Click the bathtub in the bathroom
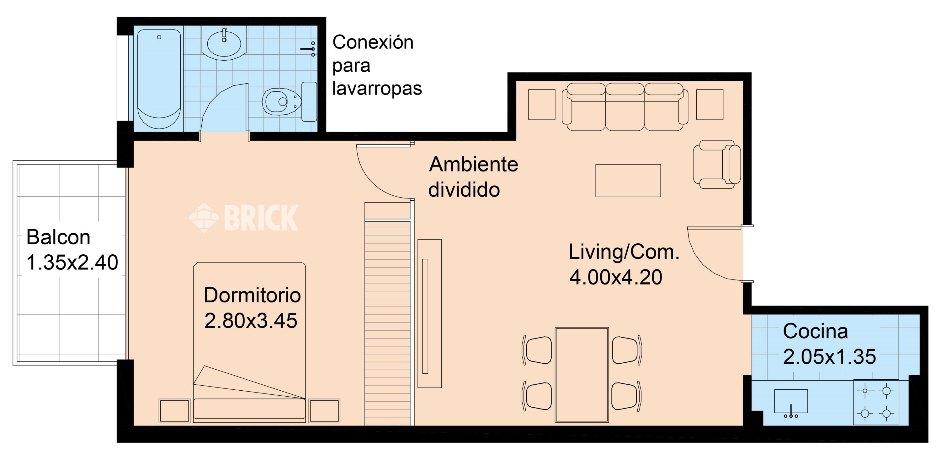tap(159, 79)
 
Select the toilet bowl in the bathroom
tap(282, 101)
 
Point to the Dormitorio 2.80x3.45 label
tap(252, 308)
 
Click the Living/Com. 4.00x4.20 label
tap(624, 264)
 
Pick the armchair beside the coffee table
tap(717, 165)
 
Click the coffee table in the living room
tap(628, 181)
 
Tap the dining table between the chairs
tap(582, 375)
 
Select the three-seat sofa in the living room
tap(625, 106)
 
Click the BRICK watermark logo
tap(244, 218)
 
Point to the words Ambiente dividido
tap(473, 177)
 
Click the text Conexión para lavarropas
tap(377, 65)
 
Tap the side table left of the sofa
tap(542, 105)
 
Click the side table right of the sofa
tap(710, 105)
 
